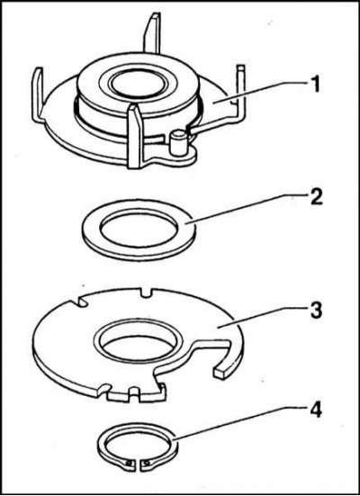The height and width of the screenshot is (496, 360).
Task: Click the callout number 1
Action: tap(314, 84)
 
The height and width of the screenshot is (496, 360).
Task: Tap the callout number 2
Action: tap(314, 196)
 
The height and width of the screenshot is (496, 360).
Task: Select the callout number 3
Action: tap(315, 310)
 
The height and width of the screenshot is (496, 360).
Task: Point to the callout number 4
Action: tap(315, 410)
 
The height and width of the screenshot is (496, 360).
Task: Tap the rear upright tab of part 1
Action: tap(152, 33)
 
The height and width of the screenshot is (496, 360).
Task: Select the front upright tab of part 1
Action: tap(136, 137)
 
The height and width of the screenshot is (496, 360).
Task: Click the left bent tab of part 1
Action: tap(39, 95)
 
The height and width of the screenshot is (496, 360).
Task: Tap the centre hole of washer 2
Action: tap(139, 228)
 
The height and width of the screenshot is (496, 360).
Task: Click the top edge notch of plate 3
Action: tap(146, 293)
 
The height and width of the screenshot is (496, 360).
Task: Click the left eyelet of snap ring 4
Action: tap(129, 462)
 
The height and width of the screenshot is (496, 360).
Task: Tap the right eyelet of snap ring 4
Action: tap(146, 462)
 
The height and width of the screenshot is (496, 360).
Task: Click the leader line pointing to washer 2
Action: tap(245, 210)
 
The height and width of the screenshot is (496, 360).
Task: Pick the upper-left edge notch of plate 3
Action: tap(81, 301)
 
